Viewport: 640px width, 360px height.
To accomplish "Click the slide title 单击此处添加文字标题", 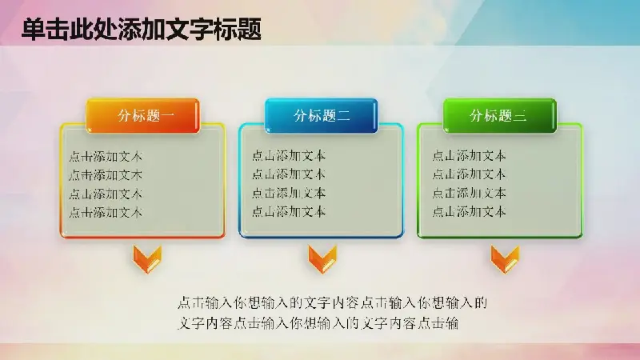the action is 142,29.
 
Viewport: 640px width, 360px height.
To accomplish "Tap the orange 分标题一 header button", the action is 142,115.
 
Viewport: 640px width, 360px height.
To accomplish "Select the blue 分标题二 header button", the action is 322,115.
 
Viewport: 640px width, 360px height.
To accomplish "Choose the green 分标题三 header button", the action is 499,115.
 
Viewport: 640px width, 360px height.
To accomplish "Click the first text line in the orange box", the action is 106,156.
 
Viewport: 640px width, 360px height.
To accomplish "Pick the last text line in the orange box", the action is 106,212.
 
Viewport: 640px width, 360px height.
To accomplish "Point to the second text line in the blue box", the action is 289,174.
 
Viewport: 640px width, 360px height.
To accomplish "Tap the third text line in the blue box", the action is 289,193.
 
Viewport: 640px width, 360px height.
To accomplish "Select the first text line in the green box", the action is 469,155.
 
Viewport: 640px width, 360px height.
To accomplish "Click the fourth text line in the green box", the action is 469,211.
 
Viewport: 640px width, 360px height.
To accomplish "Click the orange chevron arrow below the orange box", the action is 147,259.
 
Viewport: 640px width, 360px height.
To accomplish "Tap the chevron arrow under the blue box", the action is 322,259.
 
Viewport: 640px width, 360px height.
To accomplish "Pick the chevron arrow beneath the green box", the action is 505,259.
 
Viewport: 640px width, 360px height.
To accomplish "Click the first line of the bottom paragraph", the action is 333,303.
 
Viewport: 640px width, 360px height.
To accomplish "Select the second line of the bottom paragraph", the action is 318,323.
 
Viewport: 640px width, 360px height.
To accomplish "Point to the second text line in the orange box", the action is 106,175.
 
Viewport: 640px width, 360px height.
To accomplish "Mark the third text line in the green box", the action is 469,193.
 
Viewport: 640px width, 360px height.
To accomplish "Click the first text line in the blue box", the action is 289,155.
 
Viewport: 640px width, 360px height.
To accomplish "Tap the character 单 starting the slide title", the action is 33,30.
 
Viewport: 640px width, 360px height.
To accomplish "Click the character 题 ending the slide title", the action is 250,30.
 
